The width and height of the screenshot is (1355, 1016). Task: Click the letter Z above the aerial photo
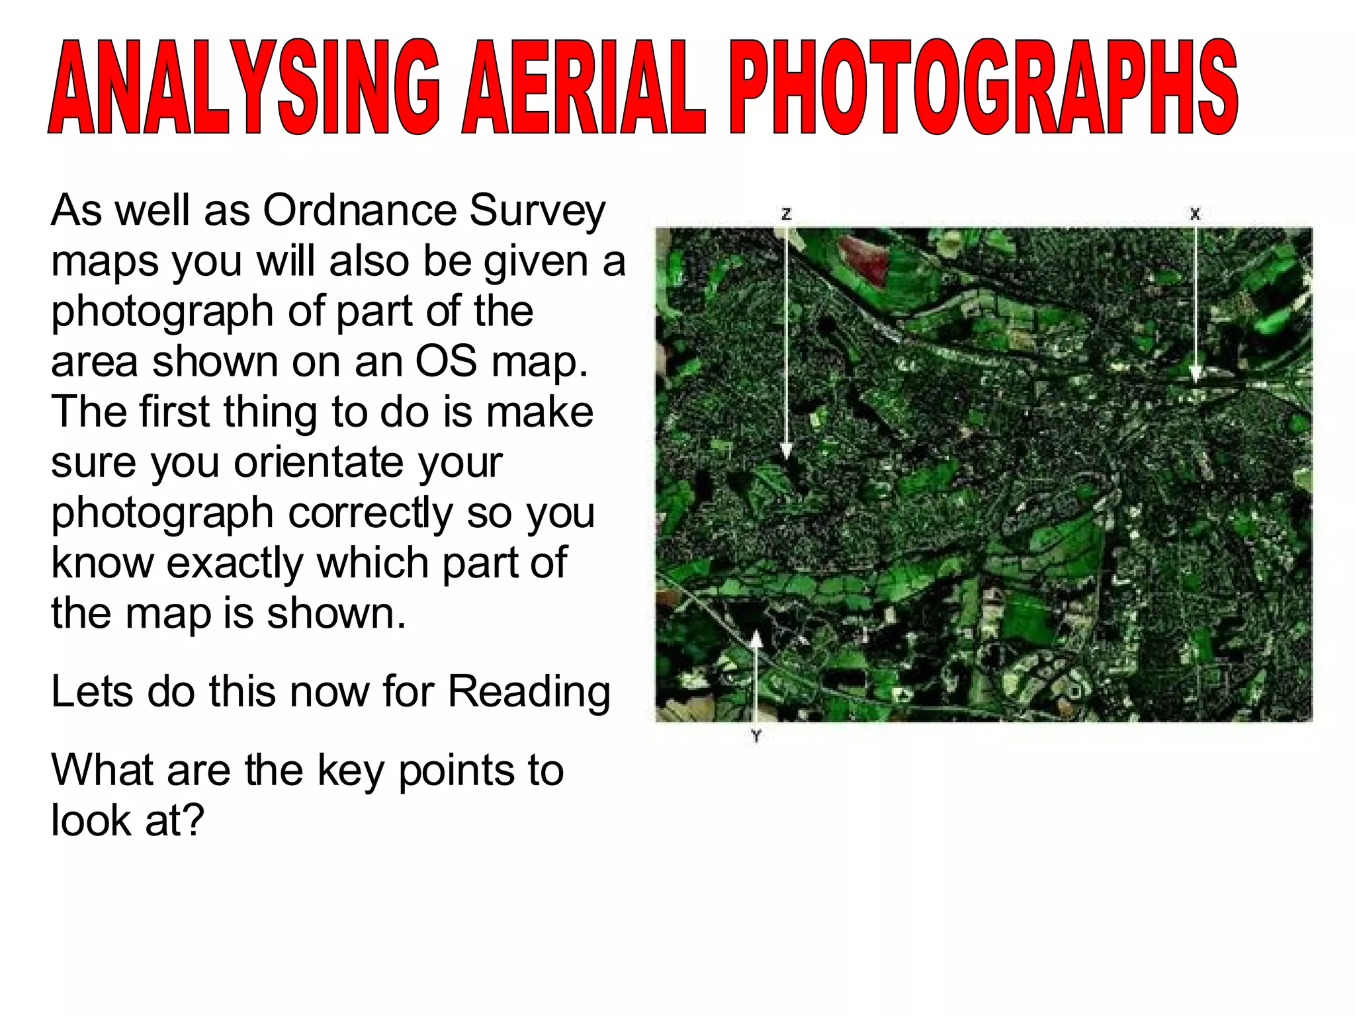click(786, 214)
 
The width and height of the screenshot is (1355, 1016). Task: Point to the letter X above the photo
click(1195, 214)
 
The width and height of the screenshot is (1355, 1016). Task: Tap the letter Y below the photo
click(756, 735)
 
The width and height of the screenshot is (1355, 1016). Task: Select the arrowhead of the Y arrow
click(756, 639)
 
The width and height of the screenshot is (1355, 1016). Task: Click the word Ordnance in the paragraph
click(360, 210)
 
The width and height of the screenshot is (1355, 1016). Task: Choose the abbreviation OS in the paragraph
click(445, 361)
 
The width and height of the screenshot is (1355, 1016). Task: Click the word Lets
click(91, 691)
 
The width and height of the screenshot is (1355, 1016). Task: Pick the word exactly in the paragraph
click(235, 564)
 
